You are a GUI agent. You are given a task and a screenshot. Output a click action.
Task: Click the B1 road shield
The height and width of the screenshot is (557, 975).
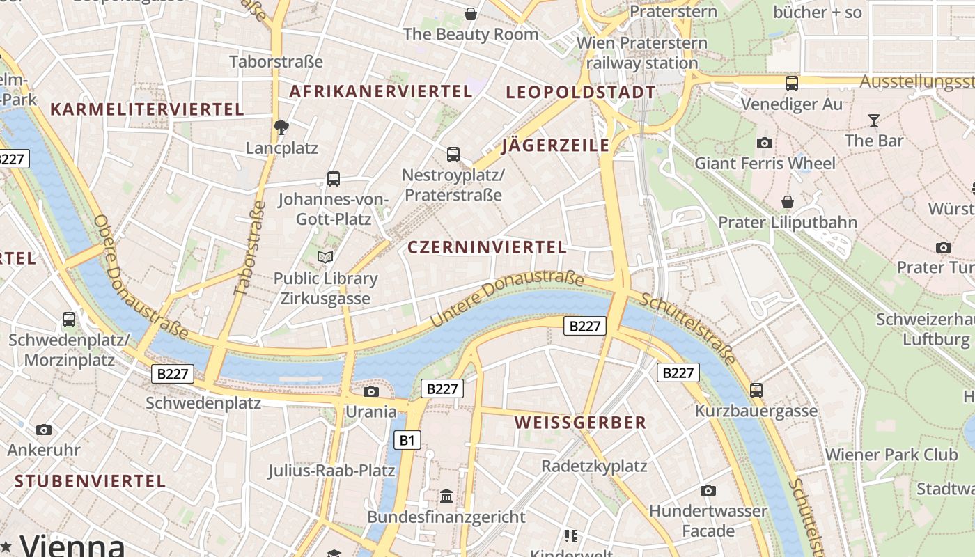point(407,440)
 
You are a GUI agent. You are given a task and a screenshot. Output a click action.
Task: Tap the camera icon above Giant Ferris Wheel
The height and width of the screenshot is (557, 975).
point(764,143)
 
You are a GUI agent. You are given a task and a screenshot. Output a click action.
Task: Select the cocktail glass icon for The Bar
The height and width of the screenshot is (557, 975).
point(874,120)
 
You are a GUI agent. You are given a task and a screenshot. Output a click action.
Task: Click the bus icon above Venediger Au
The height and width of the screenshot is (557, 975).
point(791,84)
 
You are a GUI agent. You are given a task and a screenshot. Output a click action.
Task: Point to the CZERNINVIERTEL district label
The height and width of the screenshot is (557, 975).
point(487,247)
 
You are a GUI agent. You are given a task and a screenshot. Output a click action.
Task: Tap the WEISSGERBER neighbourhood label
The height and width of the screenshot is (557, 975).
point(581,423)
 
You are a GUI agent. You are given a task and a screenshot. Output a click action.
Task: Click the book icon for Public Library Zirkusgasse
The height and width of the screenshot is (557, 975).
point(325,258)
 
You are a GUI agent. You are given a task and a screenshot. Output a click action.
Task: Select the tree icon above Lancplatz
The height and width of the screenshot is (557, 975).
point(281,127)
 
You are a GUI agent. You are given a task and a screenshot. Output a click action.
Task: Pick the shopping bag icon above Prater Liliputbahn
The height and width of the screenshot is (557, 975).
point(787,202)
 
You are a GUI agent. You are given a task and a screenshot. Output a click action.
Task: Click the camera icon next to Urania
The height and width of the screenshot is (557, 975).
point(371,391)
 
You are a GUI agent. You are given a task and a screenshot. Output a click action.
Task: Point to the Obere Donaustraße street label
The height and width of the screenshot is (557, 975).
point(140,277)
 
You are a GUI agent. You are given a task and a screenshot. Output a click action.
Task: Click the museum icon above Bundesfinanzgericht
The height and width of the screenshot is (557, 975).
point(446,496)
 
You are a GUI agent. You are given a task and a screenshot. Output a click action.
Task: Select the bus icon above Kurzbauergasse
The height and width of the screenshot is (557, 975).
point(756,390)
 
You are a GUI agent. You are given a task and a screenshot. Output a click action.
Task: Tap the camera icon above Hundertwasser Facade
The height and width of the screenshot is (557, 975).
point(708,490)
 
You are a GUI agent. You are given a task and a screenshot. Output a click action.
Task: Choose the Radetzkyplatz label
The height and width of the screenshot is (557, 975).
point(594,466)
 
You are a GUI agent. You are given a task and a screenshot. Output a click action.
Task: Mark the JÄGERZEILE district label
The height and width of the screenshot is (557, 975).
point(555,146)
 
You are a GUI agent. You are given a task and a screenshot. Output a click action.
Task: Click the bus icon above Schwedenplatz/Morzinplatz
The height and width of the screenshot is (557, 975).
point(68,320)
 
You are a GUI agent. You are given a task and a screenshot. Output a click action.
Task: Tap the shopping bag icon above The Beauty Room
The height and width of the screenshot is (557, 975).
point(471,13)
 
